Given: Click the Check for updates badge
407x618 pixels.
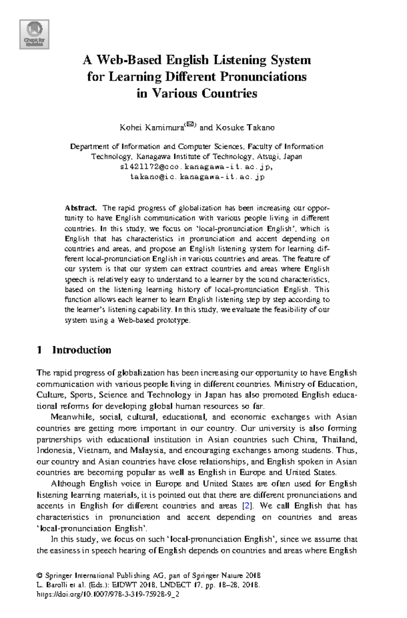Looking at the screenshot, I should [x=34, y=34].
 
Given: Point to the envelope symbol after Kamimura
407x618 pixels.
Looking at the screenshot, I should [x=190, y=125].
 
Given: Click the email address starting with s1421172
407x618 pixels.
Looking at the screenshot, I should [x=196, y=167].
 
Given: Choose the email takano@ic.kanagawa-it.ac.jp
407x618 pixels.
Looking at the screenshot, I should [x=197, y=177].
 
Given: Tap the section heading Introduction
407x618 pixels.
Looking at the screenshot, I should [x=81, y=350].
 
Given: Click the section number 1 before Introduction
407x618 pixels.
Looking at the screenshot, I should [x=39, y=350].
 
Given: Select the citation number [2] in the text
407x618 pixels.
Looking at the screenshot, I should [x=248, y=506].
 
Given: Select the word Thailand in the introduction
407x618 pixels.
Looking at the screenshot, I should [x=339, y=439].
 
